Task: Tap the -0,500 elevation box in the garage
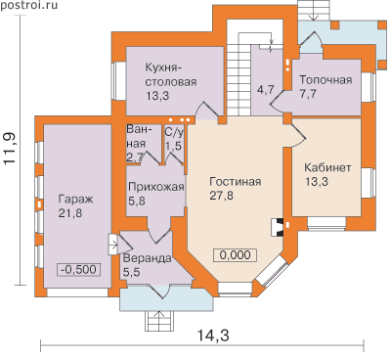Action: pos(79,270)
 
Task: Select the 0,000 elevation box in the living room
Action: pos(235,255)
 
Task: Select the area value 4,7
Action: pos(266,89)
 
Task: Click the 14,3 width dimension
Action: pos(213,335)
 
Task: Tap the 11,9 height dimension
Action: pos(12,149)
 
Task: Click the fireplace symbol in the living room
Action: pos(277,227)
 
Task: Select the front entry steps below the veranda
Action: pos(158,321)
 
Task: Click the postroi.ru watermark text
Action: pos(28,5)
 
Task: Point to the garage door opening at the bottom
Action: pos(77,292)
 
